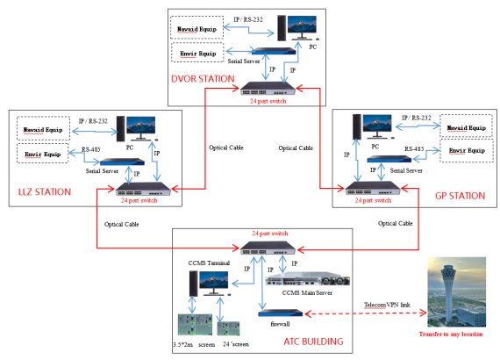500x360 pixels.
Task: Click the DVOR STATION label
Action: pyautogui.click(x=203, y=79)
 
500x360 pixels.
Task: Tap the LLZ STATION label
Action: pyautogui.click(x=45, y=191)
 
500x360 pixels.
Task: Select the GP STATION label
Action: pyautogui.click(x=461, y=196)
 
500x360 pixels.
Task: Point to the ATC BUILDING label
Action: pyautogui.click(x=313, y=342)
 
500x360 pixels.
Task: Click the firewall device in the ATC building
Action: pyautogui.click(x=281, y=313)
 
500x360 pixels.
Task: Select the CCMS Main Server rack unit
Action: pyautogui.click(x=307, y=280)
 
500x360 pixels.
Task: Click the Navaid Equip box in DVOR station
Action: pyautogui.click(x=196, y=28)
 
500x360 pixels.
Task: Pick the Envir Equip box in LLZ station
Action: pyautogui.click(x=43, y=154)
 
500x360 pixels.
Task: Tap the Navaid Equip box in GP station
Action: pyautogui.click(x=466, y=126)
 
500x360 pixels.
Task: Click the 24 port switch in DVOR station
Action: pyautogui.click(x=268, y=89)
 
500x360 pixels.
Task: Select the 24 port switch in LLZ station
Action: pyautogui.click(x=143, y=189)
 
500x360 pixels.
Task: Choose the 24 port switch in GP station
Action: pyautogui.click(x=373, y=188)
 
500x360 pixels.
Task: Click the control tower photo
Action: pyautogui.click(x=457, y=292)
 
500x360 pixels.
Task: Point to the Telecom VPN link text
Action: pyautogui.click(x=387, y=305)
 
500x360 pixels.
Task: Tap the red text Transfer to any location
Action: pyautogui.click(x=451, y=335)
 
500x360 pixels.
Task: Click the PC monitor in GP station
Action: pyautogui.click(x=377, y=125)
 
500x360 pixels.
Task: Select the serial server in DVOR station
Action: pyautogui.click(x=274, y=51)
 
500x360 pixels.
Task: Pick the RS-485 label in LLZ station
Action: pyautogui.click(x=91, y=149)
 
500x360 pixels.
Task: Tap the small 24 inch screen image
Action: pyautogui.click(x=228, y=328)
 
